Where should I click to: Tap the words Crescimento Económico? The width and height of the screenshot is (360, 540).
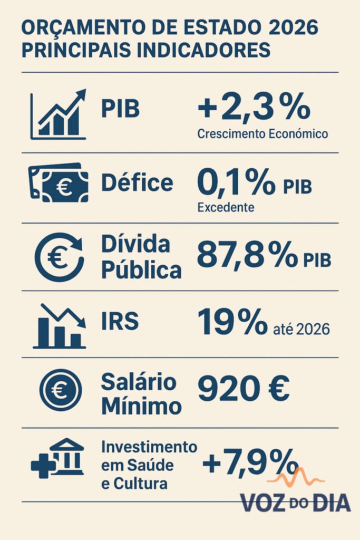[262, 134]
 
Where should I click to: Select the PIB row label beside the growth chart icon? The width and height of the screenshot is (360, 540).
[121, 109]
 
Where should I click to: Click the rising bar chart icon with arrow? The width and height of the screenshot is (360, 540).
[58, 114]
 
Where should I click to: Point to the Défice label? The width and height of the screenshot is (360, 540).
[137, 183]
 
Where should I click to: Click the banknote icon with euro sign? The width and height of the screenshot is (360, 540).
[59, 183]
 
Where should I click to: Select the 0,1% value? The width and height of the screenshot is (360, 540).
[236, 183]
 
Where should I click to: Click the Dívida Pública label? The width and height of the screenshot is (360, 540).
[141, 258]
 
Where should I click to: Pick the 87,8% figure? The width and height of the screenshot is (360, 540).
[246, 256]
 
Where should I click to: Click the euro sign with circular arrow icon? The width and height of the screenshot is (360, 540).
[59, 257]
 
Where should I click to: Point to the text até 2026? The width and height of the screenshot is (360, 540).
[302, 330]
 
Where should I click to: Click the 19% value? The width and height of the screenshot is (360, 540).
[232, 323]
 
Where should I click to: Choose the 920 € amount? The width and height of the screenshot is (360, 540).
[244, 390]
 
